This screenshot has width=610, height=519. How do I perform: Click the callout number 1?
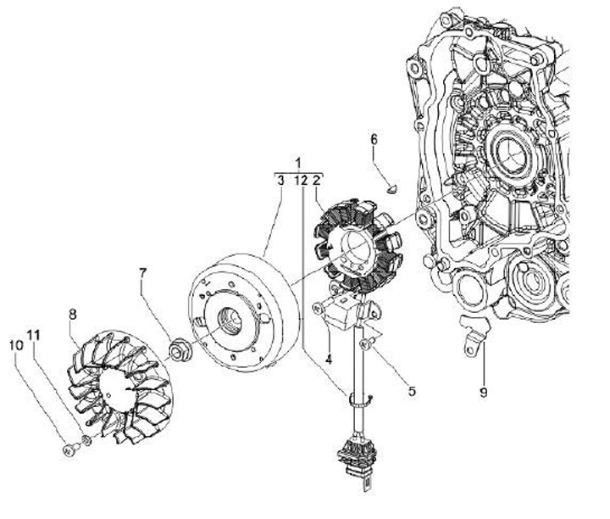[297, 162]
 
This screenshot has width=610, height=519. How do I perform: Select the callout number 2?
[316, 179]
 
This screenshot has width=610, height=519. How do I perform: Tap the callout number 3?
[280, 179]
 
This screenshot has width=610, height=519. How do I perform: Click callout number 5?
[412, 391]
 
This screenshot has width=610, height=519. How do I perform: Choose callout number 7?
[143, 273]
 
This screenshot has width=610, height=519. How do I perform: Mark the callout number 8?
[73, 314]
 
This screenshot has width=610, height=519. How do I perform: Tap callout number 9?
[483, 391]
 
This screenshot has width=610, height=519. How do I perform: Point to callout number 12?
[299, 179]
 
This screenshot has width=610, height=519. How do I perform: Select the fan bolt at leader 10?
[68, 449]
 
